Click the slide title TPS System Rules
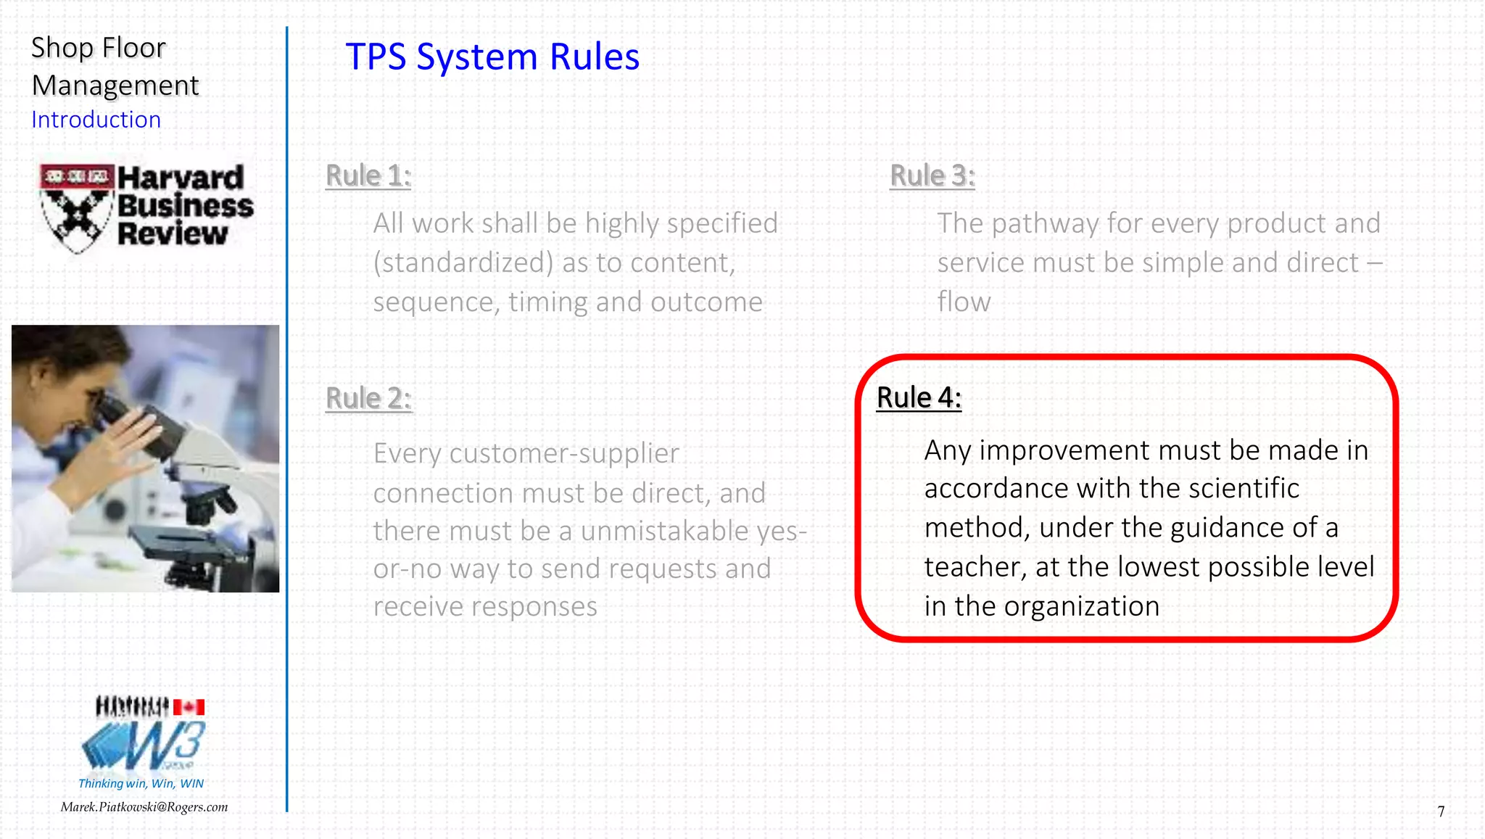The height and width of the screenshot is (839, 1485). [x=492, y=57]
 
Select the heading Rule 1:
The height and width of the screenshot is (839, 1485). [x=368, y=175]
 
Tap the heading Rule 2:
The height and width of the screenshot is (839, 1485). [x=368, y=398]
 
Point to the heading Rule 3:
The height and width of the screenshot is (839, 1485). [x=932, y=175]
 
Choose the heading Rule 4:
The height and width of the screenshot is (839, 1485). [x=919, y=397]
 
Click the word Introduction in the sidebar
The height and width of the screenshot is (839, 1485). [x=96, y=120]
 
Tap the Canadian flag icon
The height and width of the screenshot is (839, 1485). [x=189, y=706]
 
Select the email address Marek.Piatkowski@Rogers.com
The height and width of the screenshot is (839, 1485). [x=144, y=807]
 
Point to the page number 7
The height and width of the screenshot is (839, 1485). [x=1441, y=811]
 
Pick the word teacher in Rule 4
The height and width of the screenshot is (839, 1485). [x=975, y=567]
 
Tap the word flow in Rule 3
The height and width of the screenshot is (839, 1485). [x=964, y=302]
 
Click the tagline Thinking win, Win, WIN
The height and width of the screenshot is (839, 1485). [x=141, y=783]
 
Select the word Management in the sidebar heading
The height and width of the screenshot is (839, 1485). [x=115, y=86]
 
